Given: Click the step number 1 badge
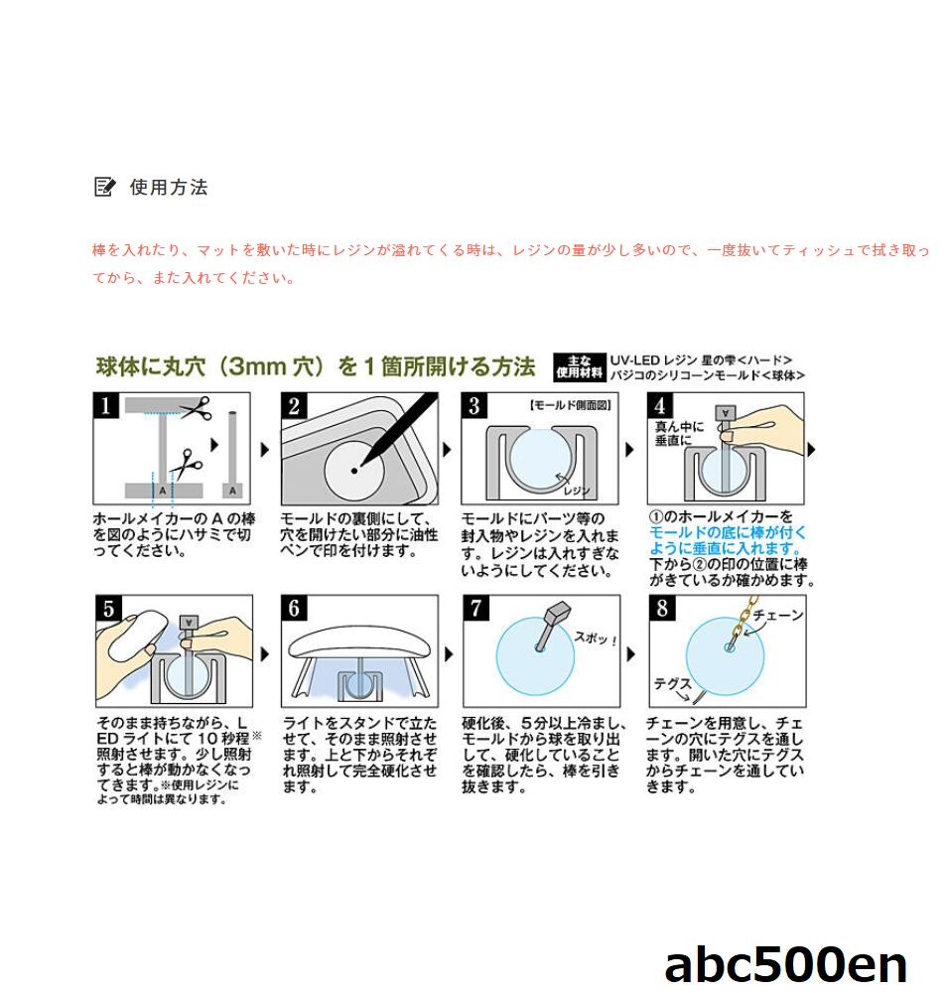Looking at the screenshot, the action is (x=105, y=405).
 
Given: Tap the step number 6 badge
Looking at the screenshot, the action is (x=294, y=608).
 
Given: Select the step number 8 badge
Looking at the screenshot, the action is (x=662, y=608).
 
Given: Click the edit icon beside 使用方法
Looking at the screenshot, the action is (x=104, y=187).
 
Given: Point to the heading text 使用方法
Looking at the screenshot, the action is (x=169, y=187).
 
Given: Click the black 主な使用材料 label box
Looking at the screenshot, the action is (x=579, y=368).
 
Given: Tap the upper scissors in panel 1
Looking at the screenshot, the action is (x=195, y=408).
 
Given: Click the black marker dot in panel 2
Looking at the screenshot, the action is (x=353, y=471).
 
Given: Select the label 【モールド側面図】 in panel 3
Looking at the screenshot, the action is (x=570, y=405).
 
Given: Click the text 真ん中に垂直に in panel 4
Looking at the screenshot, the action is (x=679, y=434).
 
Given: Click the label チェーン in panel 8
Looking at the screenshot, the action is (x=778, y=616).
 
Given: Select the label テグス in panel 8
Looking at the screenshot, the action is (x=673, y=684).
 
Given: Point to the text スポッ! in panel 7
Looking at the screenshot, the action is (x=595, y=638).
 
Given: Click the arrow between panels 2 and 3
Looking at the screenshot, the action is (x=447, y=450).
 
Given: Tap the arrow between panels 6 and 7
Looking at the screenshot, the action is (x=449, y=653).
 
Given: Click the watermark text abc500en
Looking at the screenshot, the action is (x=785, y=964).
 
